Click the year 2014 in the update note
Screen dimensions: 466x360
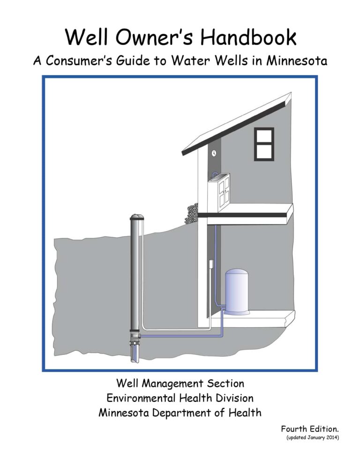[x=330, y=437]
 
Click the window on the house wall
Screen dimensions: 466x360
[x=264, y=144]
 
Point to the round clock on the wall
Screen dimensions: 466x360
[x=214, y=153]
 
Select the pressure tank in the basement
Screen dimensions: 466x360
[x=238, y=292]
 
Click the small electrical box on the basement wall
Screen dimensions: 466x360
[x=211, y=265]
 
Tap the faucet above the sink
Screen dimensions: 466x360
[x=215, y=175]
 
